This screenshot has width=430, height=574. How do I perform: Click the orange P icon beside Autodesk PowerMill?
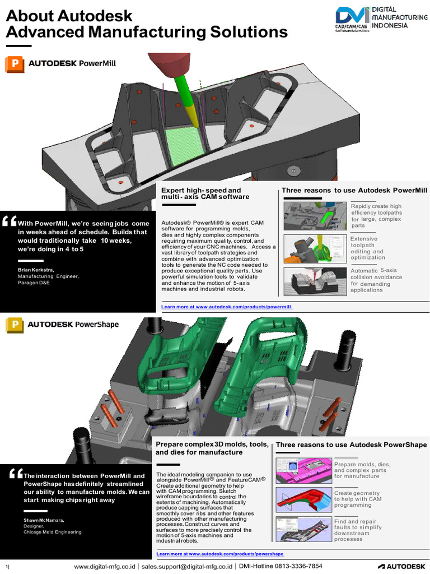pos(14,64)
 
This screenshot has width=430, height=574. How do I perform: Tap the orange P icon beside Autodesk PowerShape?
pos(14,325)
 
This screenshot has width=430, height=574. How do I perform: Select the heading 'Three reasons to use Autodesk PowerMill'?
pos(354,191)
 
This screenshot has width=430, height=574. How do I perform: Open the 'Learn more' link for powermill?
pos(227,307)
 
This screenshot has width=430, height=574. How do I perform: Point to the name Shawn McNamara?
pos(39,520)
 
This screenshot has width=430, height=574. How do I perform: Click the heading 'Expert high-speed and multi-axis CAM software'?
pos(205,193)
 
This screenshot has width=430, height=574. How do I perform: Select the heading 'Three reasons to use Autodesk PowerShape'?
pos(351,445)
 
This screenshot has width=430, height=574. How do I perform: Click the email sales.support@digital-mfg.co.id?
pos(188,566)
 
